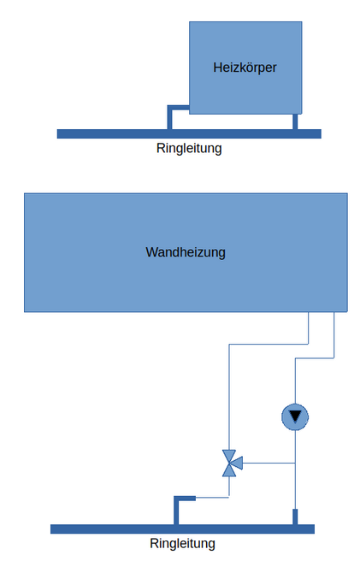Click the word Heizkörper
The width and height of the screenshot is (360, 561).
coord(245,68)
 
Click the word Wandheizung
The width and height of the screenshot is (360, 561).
coord(186,252)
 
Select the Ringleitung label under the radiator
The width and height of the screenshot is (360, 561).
coord(189,148)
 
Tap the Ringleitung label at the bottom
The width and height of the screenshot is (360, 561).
coord(182,543)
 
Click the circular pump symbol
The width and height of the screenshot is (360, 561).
coord(295,417)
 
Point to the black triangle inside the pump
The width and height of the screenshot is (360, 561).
coord(295,416)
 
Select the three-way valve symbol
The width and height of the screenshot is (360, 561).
coord(232,464)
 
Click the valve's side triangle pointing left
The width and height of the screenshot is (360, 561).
coord(238,464)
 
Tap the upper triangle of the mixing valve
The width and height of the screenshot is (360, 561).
coord(229,456)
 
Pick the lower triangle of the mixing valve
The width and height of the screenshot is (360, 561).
coord(229,470)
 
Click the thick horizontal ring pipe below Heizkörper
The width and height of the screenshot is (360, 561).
coord(189,133)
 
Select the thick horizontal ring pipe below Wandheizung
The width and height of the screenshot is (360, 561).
coord(182,529)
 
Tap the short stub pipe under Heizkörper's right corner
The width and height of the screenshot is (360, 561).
coord(295,121)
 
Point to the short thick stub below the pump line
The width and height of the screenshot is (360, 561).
coord(295,517)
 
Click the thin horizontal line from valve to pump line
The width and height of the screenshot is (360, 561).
coord(269,464)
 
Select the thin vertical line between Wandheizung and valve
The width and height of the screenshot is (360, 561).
coord(229,397)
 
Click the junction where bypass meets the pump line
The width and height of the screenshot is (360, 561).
coord(295,464)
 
